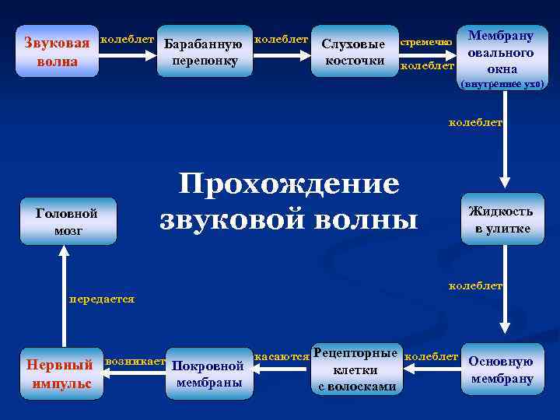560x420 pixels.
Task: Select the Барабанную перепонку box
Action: click(205, 51)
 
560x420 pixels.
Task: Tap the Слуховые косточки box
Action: click(354, 51)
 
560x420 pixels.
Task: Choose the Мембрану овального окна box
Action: click(501, 51)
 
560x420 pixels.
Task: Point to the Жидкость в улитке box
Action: click(502, 219)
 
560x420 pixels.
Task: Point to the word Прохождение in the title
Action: click(289, 184)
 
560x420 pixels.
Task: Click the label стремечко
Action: click(424, 40)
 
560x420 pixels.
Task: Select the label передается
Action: click(101, 298)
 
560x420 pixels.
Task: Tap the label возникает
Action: click(135, 361)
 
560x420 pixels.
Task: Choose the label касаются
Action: click(282, 356)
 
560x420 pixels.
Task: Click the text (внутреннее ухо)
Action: click(502, 83)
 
